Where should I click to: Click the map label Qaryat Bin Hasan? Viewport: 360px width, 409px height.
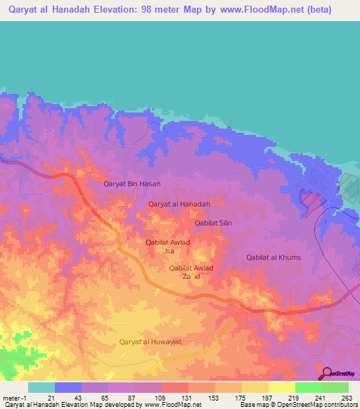[132, 183]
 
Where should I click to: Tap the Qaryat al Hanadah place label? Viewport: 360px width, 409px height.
[179, 204]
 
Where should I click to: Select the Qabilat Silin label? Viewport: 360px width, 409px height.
[213, 223]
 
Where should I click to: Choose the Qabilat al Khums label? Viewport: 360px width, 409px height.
[274, 257]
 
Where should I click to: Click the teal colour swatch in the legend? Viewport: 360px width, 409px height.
[41, 387]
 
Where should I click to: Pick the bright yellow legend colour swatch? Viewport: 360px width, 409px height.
[282, 387]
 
